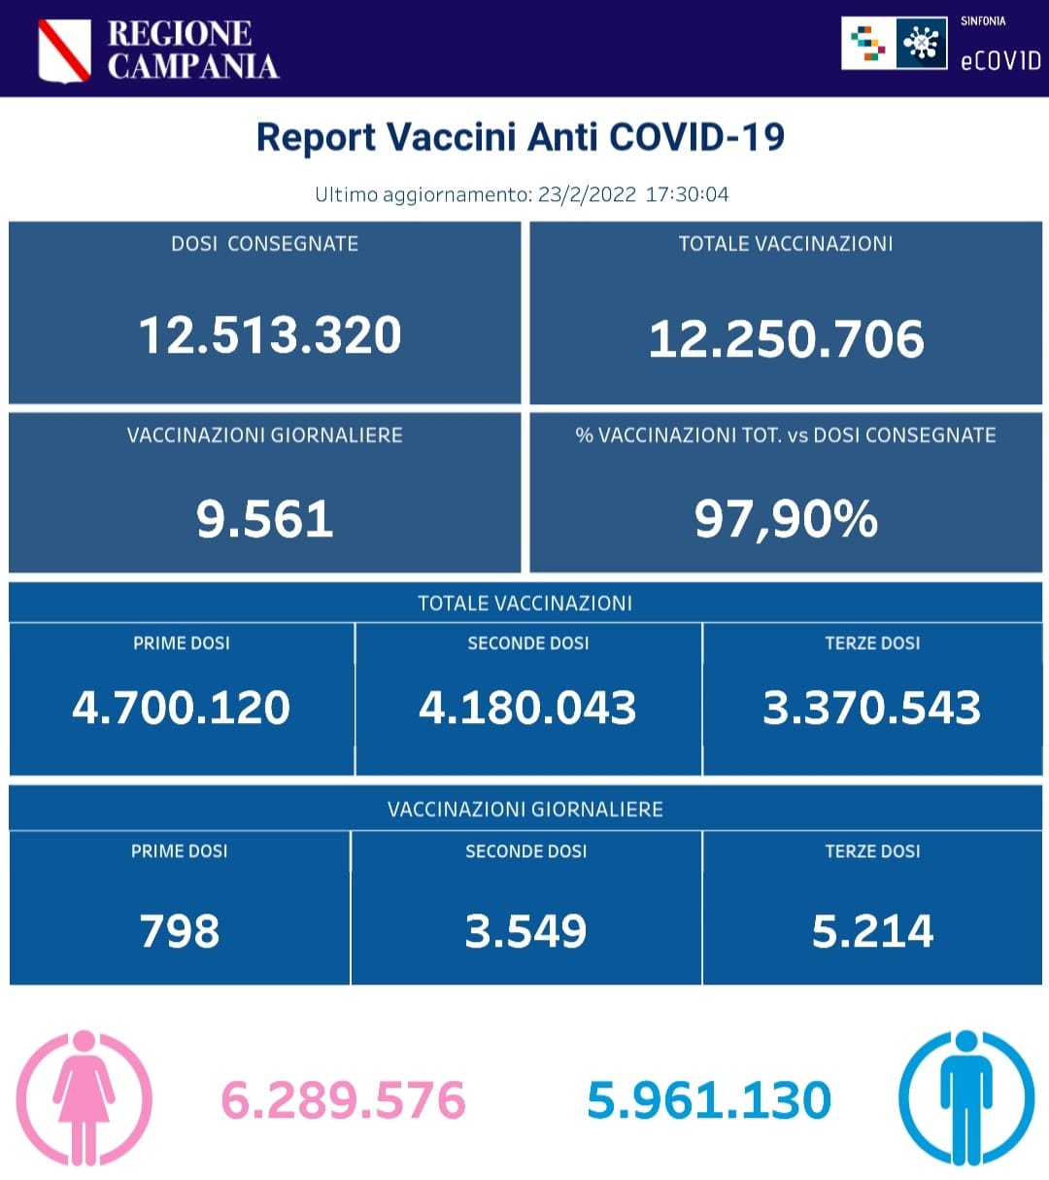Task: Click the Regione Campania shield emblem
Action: pyautogui.click(x=64, y=51)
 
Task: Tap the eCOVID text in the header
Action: pyautogui.click(x=999, y=60)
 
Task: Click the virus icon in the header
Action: pyautogui.click(x=921, y=44)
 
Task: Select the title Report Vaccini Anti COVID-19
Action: pyautogui.click(x=520, y=137)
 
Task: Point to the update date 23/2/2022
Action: pyautogui.click(x=587, y=193)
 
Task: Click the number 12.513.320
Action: pyautogui.click(x=269, y=335)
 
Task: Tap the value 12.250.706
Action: pyautogui.click(x=786, y=339)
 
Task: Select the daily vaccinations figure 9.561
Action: pyautogui.click(x=264, y=519)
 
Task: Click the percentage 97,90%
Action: pyautogui.click(x=786, y=519)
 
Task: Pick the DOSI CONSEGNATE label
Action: pyautogui.click(x=264, y=244)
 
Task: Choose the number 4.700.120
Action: pyautogui.click(x=181, y=708)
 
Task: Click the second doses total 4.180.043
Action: pyautogui.click(x=527, y=708)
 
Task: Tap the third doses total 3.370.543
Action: pyautogui.click(x=871, y=708)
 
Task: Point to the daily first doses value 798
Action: pyautogui.click(x=180, y=931)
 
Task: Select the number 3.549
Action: pyautogui.click(x=525, y=931)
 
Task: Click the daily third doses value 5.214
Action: pyautogui.click(x=872, y=931)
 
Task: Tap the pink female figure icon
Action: pyautogui.click(x=85, y=1098)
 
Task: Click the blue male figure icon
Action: pyautogui.click(x=965, y=1098)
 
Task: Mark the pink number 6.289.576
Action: pyautogui.click(x=344, y=1100)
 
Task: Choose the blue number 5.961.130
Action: pyautogui.click(x=709, y=1100)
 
